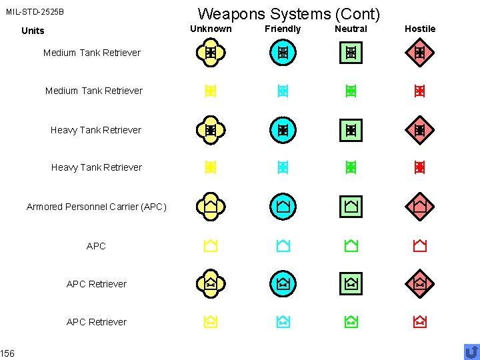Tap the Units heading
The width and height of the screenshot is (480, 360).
click(x=33, y=31)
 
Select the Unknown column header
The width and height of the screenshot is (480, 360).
click(x=211, y=29)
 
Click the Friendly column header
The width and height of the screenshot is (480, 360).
click(x=283, y=29)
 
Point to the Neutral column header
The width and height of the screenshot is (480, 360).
click(x=351, y=29)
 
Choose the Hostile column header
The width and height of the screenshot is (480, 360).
click(x=420, y=29)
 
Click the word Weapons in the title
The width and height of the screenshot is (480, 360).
click(x=225, y=13)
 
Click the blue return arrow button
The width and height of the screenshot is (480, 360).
click(x=471, y=351)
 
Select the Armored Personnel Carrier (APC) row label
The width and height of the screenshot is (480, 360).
click(x=96, y=207)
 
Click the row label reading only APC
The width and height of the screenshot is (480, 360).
click(x=96, y=246)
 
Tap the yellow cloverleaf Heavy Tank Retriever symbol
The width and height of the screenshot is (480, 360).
click(x=210, y=131)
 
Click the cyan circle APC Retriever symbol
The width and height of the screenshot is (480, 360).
click(x=283, y=284)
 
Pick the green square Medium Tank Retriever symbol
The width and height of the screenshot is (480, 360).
click(x=351, y=53)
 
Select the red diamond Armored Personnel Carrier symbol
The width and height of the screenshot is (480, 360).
click(x=420, y=207)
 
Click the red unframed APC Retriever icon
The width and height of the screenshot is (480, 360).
click(x=420, y=323)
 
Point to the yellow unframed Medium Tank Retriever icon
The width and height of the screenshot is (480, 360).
click(x=210, y=91)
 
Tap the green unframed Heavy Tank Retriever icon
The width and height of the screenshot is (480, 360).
click(x=351, y=167)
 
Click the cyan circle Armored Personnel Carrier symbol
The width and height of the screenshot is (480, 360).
click(x=283, y=207)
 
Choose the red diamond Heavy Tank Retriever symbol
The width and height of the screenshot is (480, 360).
click(x=420, y=131)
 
